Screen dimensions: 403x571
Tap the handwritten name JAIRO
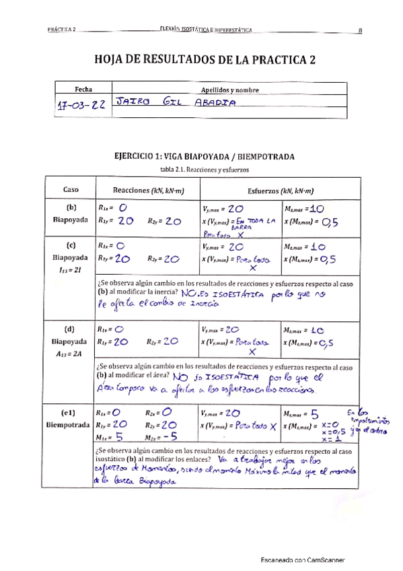point(133,103)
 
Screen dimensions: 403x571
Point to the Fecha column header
point(83,89)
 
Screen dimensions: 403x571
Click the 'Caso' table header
point(71,189)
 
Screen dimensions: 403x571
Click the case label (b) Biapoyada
point(71,213)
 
